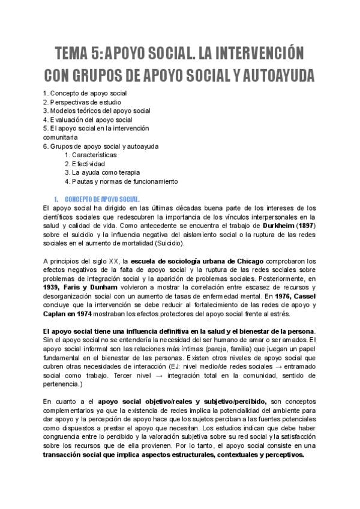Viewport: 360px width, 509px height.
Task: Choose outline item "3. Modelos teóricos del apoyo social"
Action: (x=97, y=110)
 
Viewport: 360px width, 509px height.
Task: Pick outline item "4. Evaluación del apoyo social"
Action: (x=88, y=119)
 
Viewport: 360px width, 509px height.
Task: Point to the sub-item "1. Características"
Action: (x=90, y=155)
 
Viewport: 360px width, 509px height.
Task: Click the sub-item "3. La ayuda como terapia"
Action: (x=98, y=172)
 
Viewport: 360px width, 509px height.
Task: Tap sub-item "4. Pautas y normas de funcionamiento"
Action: (x=121, y=181)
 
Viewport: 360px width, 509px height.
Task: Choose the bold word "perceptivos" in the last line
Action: (x=282, y=455)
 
